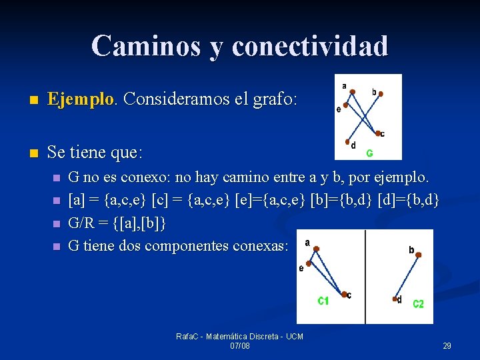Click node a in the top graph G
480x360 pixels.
click(353, 91)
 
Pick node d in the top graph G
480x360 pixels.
click(348, 141)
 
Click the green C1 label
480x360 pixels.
click(323, 301)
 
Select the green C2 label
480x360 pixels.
click(418, 304)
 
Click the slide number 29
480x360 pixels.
click(447, 346)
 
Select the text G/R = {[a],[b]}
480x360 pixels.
click(117, 223)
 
